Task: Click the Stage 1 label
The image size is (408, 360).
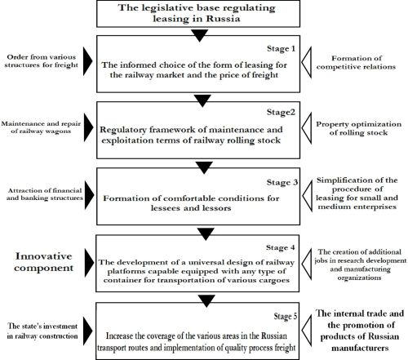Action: tap(281, 49)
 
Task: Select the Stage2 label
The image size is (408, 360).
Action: tap(281, 113)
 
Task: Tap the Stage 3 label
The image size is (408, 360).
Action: tap(282, 182)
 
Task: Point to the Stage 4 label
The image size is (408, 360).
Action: tap(281, 247)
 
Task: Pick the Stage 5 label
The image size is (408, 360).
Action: tap(286, 316)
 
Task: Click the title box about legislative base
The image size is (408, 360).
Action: tap(198, 14)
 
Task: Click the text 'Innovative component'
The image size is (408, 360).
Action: tap(44, 262)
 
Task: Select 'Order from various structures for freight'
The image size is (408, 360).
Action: tap(42, 61)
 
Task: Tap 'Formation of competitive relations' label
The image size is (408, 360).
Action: tap(356, 62)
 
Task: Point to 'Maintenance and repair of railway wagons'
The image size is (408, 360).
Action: tap(41, 127)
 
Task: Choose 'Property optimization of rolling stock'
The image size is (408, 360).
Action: tap(358, 128)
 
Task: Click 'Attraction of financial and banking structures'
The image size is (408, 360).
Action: tap(45, 194)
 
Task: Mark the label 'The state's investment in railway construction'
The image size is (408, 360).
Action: tap(42, 331)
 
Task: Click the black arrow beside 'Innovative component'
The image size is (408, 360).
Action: tap(89, 263)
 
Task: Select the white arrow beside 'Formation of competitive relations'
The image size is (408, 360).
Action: tap(307, 62)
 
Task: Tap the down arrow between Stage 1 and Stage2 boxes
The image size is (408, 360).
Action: tap(202, 100)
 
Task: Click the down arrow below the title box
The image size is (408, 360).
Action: tap(199, 35)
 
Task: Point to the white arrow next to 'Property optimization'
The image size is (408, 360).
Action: tap(307, 128)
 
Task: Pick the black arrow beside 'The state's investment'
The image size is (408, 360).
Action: tap(87, 331)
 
